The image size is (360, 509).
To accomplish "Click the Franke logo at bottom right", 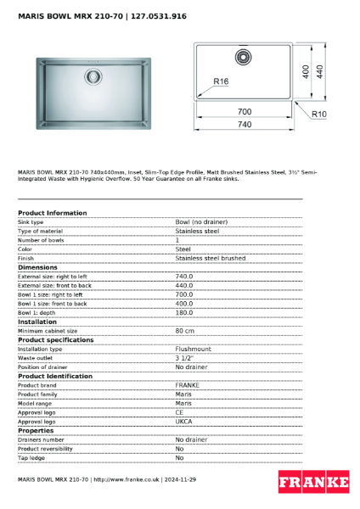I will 313,483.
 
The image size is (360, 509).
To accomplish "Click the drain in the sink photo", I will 92,76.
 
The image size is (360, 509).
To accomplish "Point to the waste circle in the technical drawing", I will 244,57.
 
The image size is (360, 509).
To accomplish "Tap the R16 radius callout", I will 222,82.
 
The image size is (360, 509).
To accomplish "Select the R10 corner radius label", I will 319,114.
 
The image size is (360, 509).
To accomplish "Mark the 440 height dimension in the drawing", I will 320,72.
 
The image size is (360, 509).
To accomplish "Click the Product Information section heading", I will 52,213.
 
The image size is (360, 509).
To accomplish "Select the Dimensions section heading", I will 37,267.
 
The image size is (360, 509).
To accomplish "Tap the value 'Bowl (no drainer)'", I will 201,221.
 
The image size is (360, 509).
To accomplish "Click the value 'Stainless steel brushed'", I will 210,258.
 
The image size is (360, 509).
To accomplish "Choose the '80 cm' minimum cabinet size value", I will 185,331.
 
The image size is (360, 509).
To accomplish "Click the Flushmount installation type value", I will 194,349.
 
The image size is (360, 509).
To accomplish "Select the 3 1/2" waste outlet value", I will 183,358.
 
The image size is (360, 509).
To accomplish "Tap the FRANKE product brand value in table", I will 188,385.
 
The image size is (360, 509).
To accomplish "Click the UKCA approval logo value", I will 184,422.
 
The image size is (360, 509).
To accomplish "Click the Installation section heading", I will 37,322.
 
